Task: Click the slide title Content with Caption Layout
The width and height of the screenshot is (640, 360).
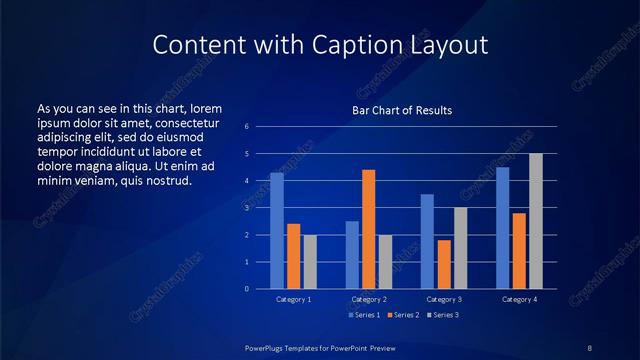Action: tap(320, 45)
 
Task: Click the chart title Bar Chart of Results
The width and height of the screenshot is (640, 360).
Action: tap(401, 110)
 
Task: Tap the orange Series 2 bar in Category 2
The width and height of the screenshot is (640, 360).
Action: tap(368, 229)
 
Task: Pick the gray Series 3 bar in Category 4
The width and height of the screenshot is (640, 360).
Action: tap(536, 221)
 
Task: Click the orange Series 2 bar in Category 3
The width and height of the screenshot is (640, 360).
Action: tap(444, 264)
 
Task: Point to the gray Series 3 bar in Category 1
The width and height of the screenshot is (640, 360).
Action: tap(310, 261)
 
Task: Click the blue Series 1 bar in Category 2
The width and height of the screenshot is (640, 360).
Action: tap(352, 255)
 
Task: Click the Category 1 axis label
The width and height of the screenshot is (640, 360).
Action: tap(293, 299)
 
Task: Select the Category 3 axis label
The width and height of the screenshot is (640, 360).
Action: tap(444, 299)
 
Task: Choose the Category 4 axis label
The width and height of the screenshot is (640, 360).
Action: tap(519, 299)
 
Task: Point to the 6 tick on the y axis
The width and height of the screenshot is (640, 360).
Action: tap(246, 127)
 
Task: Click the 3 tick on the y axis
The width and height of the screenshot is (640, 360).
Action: tap(246, 208)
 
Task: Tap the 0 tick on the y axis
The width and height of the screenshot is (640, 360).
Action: tap(246, 289)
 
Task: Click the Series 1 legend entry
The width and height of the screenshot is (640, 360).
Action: tap(363, 315)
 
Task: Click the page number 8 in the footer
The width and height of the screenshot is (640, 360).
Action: tap(589, 347)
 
